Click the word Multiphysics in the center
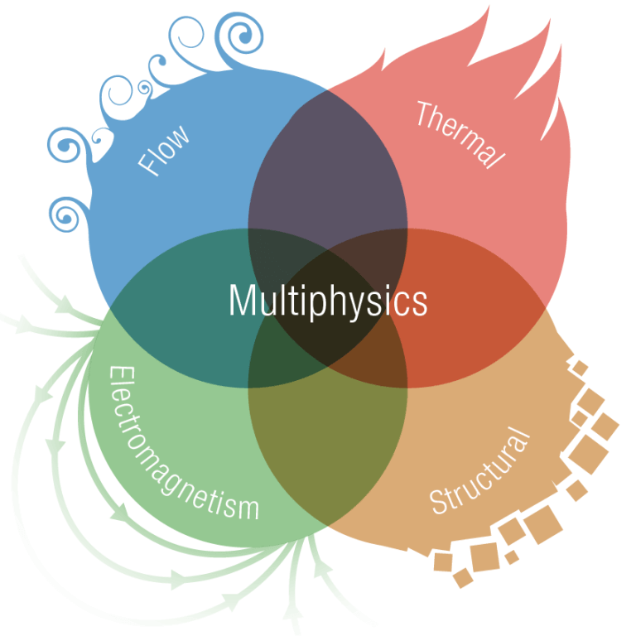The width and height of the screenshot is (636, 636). (328, 301)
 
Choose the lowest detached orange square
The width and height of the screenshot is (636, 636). (460, 577)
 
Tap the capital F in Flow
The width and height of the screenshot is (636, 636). (148, 166)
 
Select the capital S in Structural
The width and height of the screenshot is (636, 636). (439, 502)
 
